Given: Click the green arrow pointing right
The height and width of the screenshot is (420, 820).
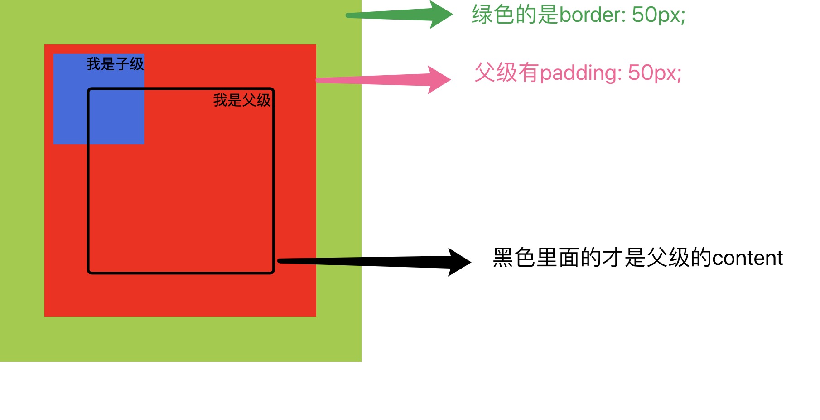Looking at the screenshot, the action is [399, 15].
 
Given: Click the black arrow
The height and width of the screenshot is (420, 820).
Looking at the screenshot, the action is [374, 262].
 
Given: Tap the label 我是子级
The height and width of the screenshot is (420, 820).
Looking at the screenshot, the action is [115, 64].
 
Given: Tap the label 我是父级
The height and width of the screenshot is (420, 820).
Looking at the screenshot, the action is [242, 100].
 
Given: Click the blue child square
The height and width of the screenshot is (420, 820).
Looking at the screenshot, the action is [99, 99].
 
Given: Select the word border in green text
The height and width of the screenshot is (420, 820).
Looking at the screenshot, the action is [593, 15].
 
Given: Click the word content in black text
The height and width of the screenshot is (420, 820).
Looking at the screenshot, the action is [748, 258].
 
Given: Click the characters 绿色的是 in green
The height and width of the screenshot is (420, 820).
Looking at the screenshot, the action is [515, 15].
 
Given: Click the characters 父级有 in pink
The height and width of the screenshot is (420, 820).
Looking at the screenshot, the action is [507, 73].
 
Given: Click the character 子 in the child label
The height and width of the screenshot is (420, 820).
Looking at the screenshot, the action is [122, 64].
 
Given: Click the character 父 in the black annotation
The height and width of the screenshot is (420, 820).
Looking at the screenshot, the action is [656, 258].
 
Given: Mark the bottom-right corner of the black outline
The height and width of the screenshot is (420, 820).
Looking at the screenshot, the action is [273, 273].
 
